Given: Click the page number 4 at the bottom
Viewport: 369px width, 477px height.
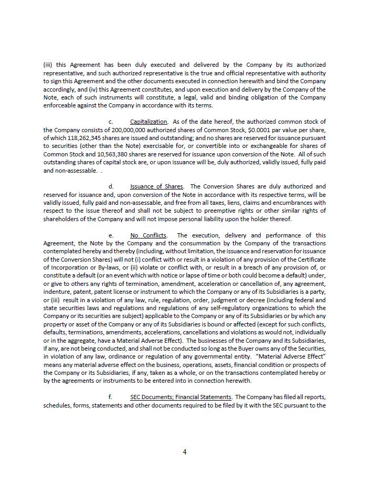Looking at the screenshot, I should click(185, 452).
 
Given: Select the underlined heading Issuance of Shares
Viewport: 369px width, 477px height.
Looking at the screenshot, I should click(157, 186).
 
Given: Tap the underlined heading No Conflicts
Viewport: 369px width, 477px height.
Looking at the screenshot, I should click(148, 235).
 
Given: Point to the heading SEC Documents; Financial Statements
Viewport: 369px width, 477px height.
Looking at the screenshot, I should click(181, 397).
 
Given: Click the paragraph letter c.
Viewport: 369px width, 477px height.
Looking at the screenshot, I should click(111, 122).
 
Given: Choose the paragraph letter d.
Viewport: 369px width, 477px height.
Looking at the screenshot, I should click(111, 186).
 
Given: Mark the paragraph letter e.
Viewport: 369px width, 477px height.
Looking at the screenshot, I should click(111, 235).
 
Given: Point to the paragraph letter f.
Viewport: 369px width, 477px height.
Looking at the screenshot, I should click(111, 397).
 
